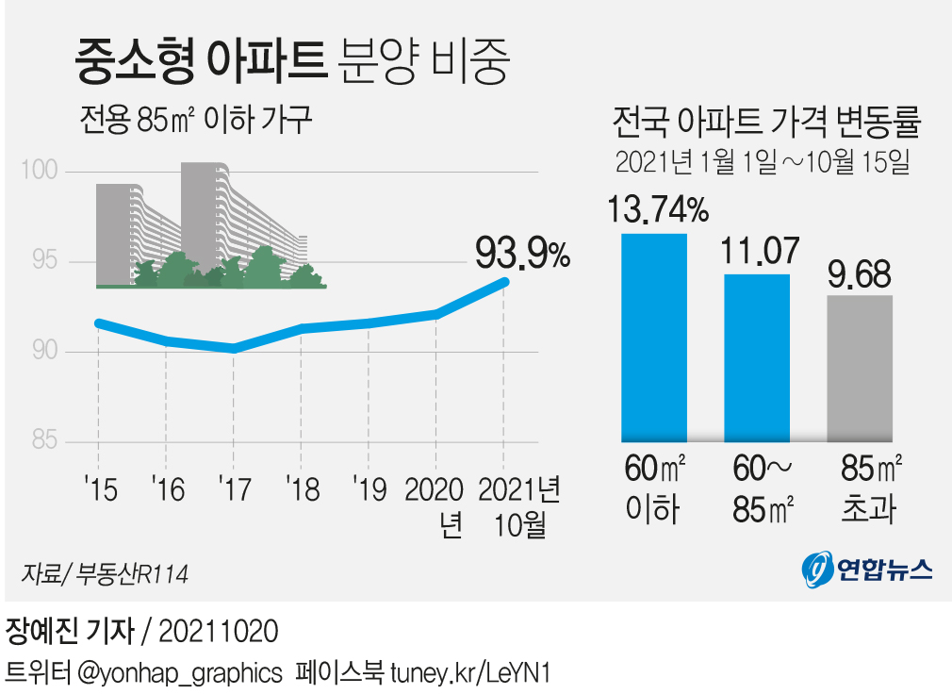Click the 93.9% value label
pos(522,253)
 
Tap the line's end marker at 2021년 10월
pos(504,281)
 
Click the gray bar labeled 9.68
pos(860,368)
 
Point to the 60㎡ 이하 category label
pos(654,489)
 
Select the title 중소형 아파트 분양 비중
pos(292,62)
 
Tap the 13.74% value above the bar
pos(657,209)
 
